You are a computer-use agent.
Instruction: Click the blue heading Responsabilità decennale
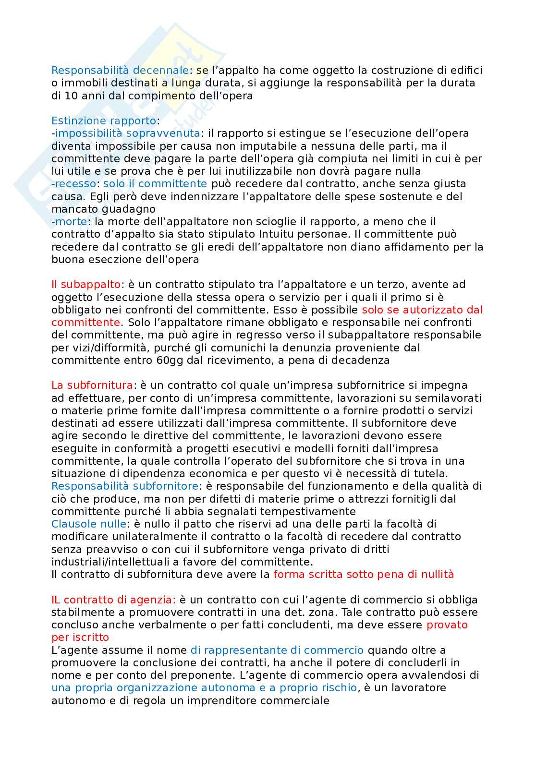pyautogui.click(x=120, y=71)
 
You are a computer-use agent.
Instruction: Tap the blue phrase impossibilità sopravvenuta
pyautogui.click(x=127, y=133)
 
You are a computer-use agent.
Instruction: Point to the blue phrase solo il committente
pyautogui.click(x=155, y=183)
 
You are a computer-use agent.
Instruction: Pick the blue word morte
pyautogui.click(x=71, y=221)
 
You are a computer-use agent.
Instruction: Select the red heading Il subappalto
pyautogui.click(x=85, y=285)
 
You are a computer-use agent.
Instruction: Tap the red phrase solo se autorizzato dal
pyautogui.click(x=422, y=310)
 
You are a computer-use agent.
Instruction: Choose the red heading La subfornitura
pyautogui.click(x=92, y=385)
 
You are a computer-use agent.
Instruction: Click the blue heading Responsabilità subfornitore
pyautogui.click(x=124, y=486)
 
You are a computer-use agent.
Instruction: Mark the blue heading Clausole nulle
pyautogui.click(x=89, y=524)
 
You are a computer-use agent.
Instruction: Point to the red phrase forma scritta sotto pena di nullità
pyautogui.click(x=363, y=574)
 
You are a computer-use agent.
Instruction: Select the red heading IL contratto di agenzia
pyautogui.click(x=113, y=600)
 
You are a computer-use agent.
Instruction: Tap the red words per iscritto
pyautogui.click(x=80, y=638)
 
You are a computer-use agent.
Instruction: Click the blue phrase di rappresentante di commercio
pyautogui.click(x=277, y=650)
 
